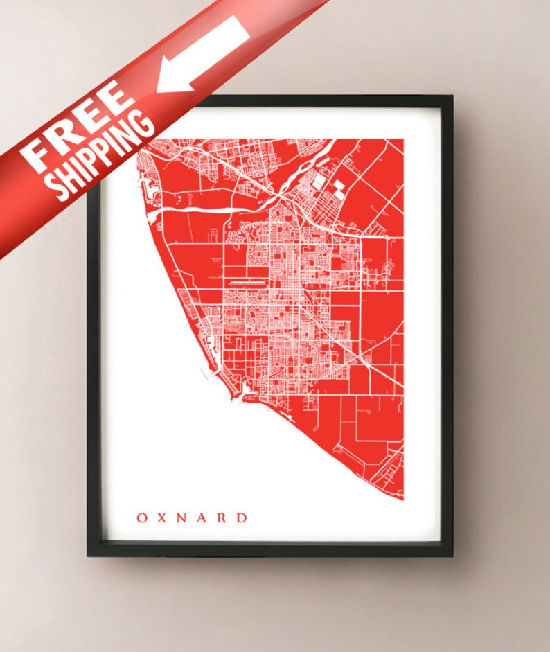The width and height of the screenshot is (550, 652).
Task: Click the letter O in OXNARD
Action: click(x=141, y=518)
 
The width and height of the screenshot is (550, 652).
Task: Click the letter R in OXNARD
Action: click(x=223, y=518)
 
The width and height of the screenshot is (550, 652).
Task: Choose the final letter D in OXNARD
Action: click(x=242, y=518)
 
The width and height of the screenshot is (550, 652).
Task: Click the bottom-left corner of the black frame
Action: click(x=89, y=554)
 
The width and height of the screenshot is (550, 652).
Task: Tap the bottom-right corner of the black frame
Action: click(x=451, y=554)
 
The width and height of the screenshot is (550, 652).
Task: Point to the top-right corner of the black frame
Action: click(x=451, y=98)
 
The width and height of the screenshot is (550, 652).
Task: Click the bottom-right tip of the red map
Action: click(x=402, y=497)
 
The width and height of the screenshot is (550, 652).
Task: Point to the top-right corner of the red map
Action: click(x=403, y=140)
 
